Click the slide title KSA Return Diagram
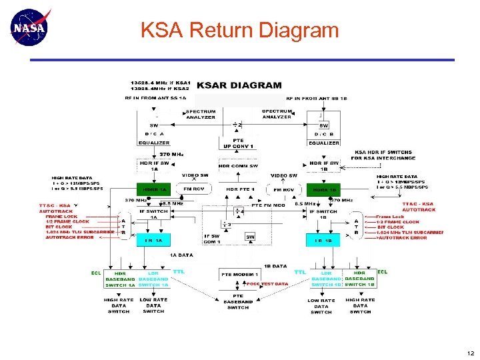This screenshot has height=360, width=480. tap(239, 30)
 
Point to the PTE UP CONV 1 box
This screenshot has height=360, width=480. tap(237, 143)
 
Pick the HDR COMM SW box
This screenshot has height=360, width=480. tap(237, 165)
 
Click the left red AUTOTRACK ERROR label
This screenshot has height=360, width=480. tap(70, 237)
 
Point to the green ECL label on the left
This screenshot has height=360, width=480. tap(96, 273)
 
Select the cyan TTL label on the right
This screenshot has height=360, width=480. tap(300, 272)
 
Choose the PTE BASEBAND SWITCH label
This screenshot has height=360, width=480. tap(237, 302)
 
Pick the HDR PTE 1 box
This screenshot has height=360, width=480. tap(237, 189)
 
